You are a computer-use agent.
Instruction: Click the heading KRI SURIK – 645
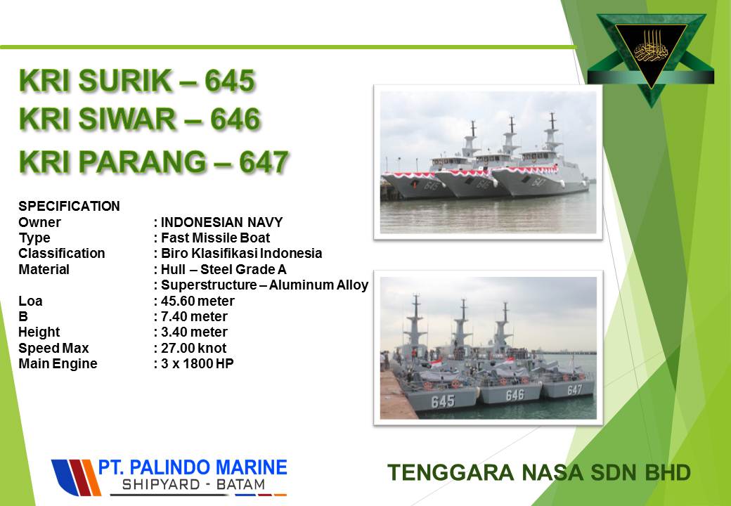tap(137, 81)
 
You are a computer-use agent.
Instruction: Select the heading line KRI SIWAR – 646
tap(140, 119)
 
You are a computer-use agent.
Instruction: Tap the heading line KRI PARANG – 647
tap(154, 162)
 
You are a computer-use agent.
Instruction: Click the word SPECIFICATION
tap(69, 206)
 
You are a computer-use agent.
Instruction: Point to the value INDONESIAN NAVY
tap(222, 222)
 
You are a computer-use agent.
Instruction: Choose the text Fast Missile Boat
tap(215, 238)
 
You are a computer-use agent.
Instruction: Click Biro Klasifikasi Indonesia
tap(242, 254)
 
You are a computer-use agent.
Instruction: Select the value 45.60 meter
tap(198, 301)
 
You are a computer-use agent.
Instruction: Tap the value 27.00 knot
tap(193, 348)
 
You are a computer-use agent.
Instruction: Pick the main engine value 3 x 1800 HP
tap(198, 364)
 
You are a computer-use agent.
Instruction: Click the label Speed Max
tap(53, 348)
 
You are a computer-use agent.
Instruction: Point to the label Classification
tap(62, 254)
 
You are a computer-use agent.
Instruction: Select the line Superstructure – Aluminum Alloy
tap(264, 285)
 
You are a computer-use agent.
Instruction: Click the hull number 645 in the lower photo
tap(443, 401)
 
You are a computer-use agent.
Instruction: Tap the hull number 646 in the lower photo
tap(515, 395)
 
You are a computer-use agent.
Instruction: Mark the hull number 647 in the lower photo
tap(574, 389)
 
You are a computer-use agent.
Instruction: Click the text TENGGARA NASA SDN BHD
tap(539, 472)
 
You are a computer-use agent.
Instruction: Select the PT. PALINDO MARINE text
tap(192, 467)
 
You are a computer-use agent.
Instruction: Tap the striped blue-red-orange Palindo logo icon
tap(76, 478)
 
